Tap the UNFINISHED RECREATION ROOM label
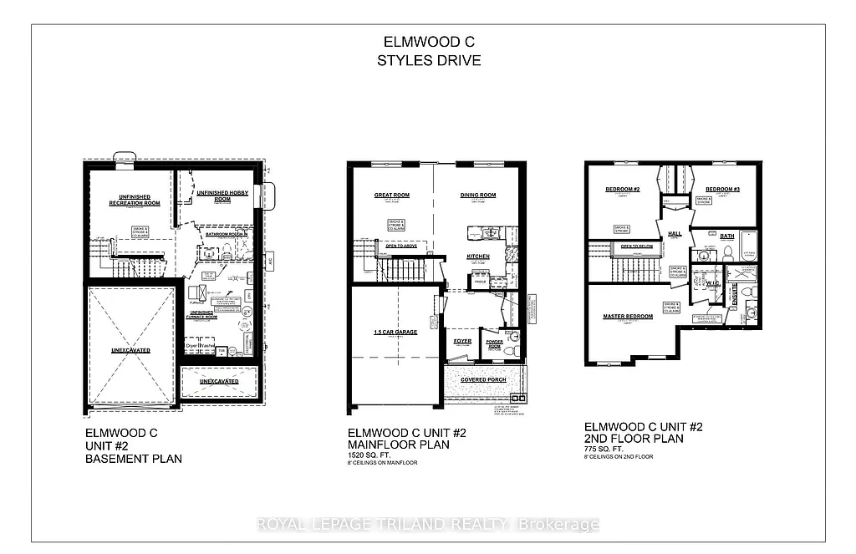tap(134, 200)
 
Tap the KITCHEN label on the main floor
tap(478, 256)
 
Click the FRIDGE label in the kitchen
tap(481, 283)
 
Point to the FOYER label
tap(462, 341)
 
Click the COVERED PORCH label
tap(485, 380)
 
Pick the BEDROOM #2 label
tap(622, 190)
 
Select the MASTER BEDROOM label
tap(628, 317)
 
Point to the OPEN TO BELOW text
tap(637, 247)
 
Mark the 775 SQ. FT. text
tap(604, 449)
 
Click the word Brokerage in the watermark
tap(559, 525)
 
